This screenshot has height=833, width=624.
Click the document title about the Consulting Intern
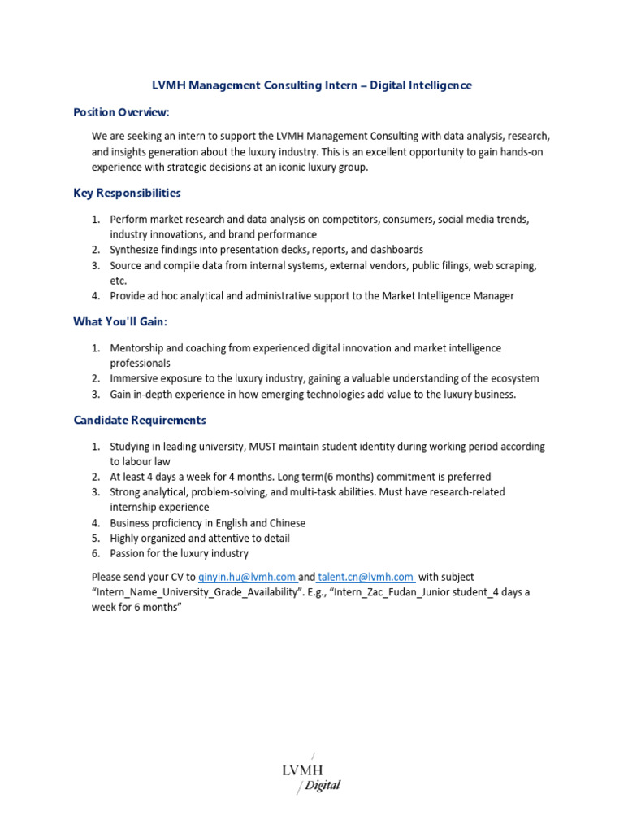pyautogui.click(x=312, y=85)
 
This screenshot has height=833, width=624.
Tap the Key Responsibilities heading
pyautogui.click(x=127, y=193)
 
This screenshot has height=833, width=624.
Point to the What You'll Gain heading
pyautogui.click(x=120, y=321)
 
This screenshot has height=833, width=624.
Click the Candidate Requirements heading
pyautogui.click(x=140, y=420)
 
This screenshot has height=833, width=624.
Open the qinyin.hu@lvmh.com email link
pyautogui.click(x=247, y=577)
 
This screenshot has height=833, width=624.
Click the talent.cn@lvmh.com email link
pyautogui.click(x=366, y=577)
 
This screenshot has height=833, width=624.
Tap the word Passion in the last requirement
pyautogui.click(x=129, y=553)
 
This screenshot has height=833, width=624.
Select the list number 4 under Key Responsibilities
pyautogui.click(x=95, y=296)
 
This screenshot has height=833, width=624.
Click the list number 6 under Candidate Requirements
pyautogui.click(x=95, y=553)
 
